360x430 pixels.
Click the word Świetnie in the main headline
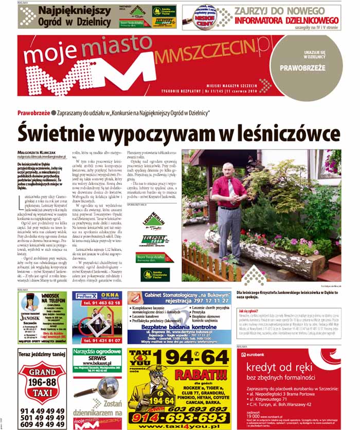pos(57,133)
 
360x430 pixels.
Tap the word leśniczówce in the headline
pos(287,133)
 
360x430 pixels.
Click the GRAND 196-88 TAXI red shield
pos(42,379)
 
